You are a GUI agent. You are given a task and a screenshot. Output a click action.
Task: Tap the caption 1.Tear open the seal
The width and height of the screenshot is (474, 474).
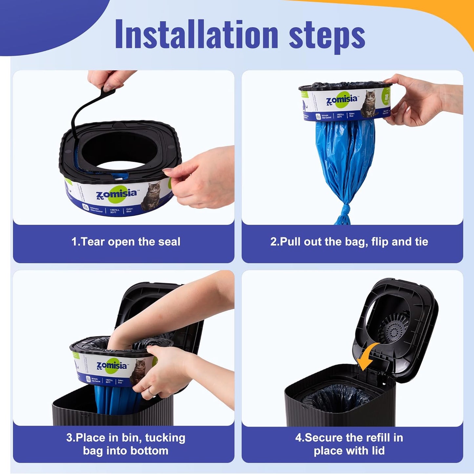pos(126,242)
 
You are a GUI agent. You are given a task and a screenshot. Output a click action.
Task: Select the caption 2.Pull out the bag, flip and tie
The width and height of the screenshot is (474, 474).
pos(349,242)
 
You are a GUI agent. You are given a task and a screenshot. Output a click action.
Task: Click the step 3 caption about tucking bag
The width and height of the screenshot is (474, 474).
pos(126,444)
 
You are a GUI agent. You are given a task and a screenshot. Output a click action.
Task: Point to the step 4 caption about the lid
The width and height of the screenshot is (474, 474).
pos(349,444)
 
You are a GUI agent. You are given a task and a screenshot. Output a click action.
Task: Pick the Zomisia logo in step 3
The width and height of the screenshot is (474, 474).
pos(112,366)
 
